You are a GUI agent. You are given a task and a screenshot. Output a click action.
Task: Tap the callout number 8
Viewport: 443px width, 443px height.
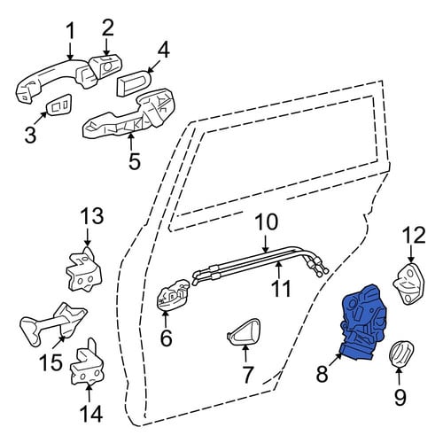[322, 373]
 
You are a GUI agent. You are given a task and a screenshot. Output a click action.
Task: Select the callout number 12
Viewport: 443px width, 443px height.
[414, 235]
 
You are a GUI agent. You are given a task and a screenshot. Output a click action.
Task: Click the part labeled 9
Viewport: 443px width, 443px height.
[401, 354]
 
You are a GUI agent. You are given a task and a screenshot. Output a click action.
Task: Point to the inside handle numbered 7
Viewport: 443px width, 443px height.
[245, 331]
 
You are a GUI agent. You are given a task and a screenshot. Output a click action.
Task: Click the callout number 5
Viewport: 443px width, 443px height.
[135, 161]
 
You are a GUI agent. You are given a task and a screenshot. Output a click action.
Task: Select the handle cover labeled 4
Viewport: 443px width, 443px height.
[134, 83]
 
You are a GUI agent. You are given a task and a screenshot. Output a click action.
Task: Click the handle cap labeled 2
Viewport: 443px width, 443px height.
[105, 67]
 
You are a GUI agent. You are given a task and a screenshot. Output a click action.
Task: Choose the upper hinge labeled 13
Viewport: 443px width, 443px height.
[83, 270]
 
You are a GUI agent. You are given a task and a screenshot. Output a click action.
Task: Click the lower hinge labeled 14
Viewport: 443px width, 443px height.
[87, 363]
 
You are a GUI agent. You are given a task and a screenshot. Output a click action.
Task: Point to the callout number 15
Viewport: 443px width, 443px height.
[51, 362]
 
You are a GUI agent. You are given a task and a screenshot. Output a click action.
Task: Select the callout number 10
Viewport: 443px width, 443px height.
[266, 222]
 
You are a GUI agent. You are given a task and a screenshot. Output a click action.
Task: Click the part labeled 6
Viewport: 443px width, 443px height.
[173, 296]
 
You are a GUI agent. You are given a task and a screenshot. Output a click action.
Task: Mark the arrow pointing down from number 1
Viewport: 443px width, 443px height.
[70, 51]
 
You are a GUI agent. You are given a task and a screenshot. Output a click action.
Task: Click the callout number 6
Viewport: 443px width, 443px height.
[166, 338]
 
